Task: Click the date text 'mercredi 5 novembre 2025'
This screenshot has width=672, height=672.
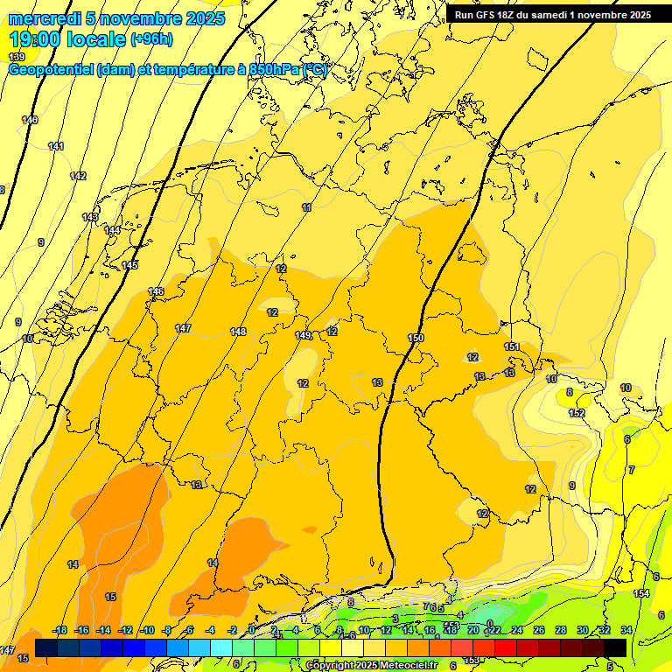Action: point(117,18)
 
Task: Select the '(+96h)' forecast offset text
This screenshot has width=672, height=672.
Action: point(151,39)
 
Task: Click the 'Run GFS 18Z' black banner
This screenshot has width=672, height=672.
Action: point(552,15)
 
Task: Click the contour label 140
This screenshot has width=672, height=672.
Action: point(30,120)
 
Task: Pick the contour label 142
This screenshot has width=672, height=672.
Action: point(78,176)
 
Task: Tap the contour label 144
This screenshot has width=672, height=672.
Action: point(112,230)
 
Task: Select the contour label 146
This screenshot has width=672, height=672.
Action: point(156,291)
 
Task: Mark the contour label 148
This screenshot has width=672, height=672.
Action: point(238,332)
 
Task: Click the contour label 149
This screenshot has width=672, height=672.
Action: point(303,335)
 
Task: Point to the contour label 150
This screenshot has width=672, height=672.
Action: point(416,338)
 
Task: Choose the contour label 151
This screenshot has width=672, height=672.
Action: point(512,346)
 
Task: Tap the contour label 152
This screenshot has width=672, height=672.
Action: point(577,413)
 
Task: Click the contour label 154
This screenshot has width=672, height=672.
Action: point(642,594)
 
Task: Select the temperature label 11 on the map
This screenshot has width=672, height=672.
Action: point(306,207)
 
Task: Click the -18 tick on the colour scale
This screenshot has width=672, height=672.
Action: point(60,630)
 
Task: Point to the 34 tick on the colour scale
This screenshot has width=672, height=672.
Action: point(626,630)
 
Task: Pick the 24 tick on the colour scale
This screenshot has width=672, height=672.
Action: point(516,630)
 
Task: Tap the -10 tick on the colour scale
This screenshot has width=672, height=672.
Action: point(148,630)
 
